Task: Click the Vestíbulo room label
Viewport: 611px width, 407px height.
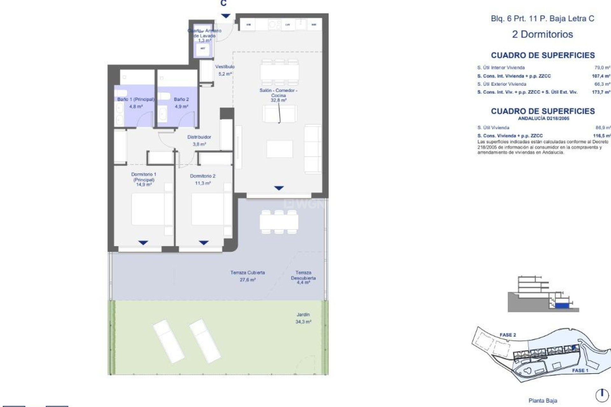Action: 225,67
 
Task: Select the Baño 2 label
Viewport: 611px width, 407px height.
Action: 181,100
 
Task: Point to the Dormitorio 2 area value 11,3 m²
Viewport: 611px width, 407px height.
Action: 203,183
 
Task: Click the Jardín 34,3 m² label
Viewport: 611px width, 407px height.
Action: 303,318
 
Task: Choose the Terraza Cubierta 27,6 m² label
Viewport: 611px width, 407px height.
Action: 248,276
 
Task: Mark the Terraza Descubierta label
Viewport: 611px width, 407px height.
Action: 303,275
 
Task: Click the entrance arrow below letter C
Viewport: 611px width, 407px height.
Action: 226,16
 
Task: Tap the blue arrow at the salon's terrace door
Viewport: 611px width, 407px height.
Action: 279,188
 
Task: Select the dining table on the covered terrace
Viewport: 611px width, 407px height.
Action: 279,222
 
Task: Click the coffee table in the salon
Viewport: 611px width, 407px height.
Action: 279,149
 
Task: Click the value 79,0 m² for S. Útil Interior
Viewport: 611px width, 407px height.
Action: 602,68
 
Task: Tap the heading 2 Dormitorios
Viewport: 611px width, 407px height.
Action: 542,34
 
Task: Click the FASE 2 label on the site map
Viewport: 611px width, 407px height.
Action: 508,335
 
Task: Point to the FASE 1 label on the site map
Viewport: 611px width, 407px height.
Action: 580,370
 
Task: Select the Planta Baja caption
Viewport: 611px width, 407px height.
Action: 543,401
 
